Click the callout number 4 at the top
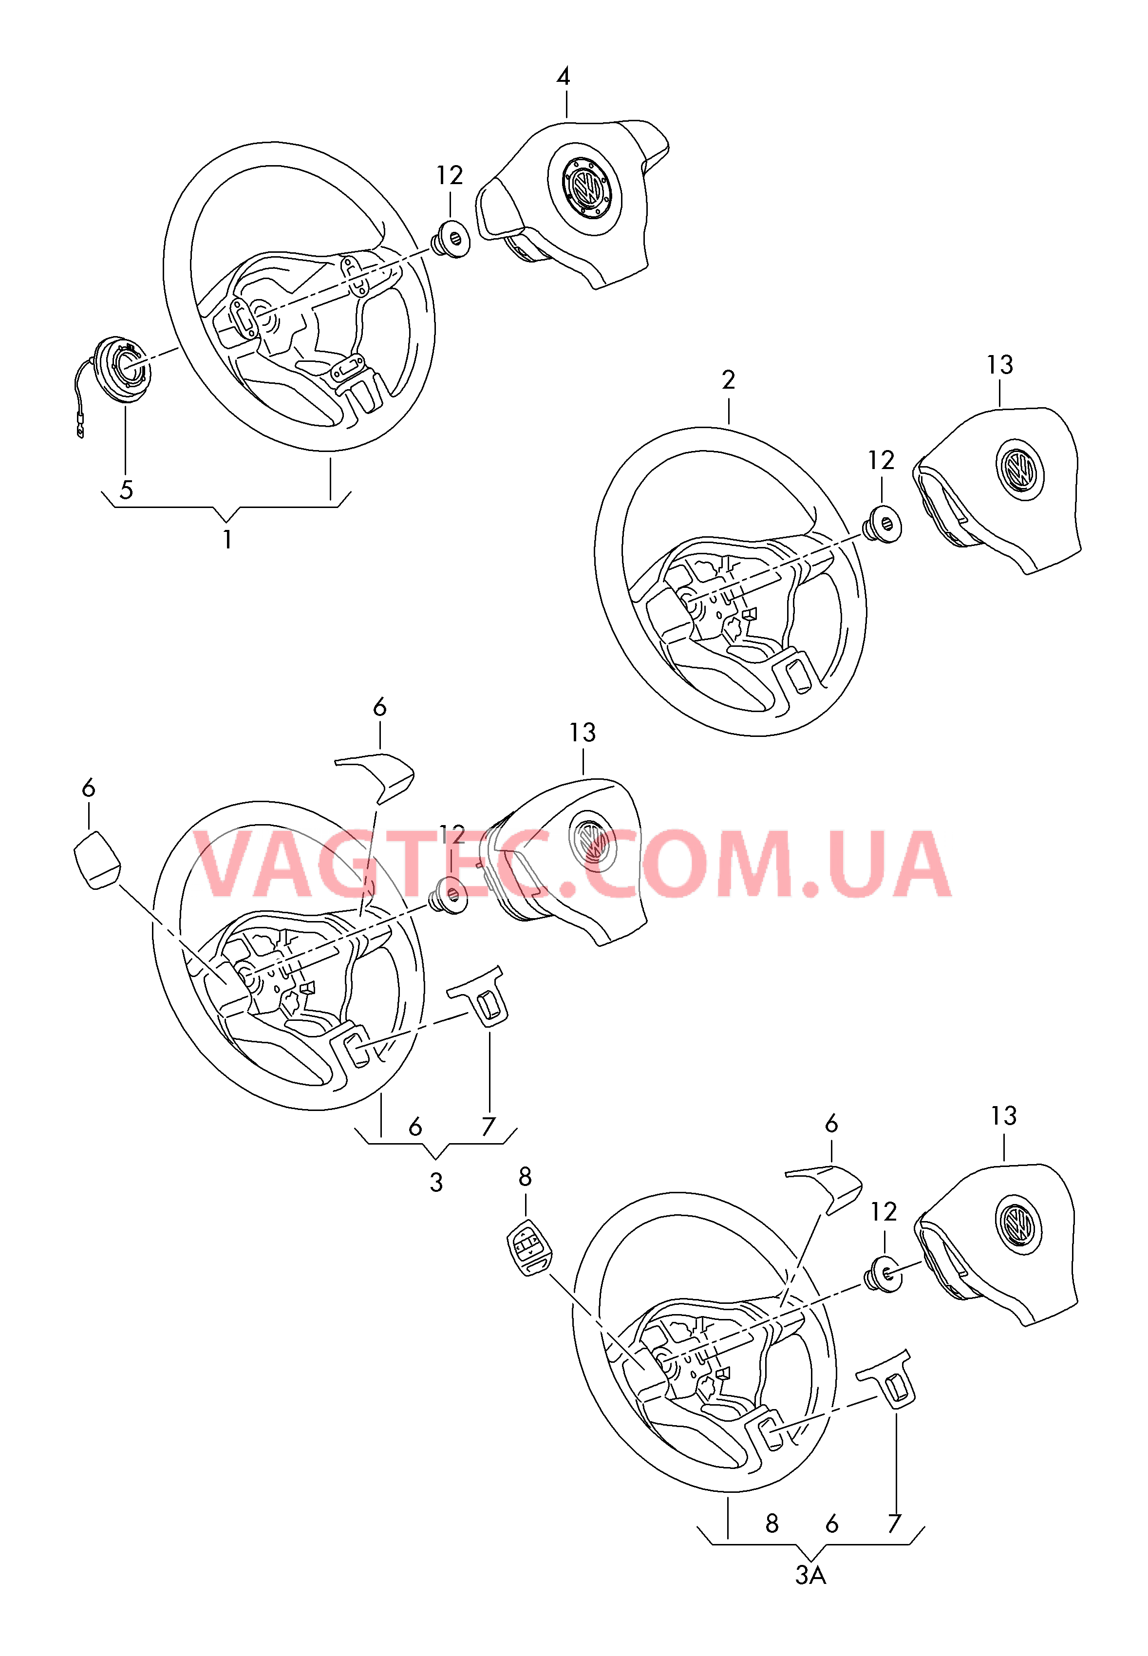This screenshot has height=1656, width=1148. pyautogui.click(x=563, y=76)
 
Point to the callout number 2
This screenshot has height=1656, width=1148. pyautogui.click(x=729, y=380)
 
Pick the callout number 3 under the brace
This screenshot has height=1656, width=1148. pyautogui.click(x=436, y=1182)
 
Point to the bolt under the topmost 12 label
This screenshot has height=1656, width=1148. pyautogui.click(x=450, y=239)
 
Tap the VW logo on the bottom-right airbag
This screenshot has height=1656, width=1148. pyautogui.click(x=1018, y=1223)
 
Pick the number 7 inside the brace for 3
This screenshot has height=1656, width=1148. pyautogui.click(x=489, y=1127)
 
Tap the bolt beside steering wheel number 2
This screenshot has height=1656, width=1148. pyautogui.click(x=882, y=524)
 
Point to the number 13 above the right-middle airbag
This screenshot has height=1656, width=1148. pyautogui.click(x=1000, y=365)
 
